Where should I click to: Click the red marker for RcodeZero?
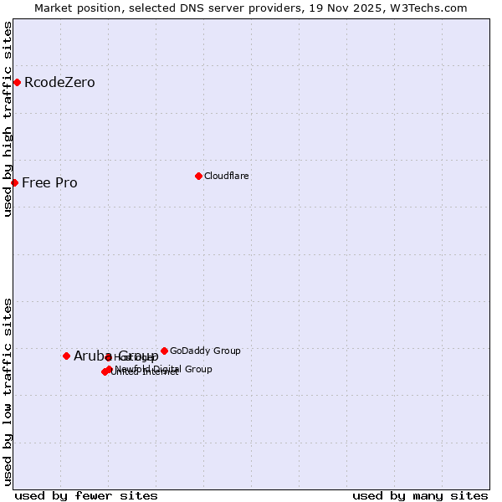[17, 82]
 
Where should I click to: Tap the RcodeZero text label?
[59, 83]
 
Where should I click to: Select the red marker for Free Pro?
[14, 182]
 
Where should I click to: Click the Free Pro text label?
[49, 183]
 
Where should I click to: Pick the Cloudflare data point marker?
[198, 176]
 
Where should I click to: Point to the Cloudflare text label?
[226, 177]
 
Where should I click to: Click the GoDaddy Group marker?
[164, 351]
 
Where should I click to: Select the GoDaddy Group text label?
[205, 351]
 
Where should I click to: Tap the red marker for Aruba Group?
[66, 356]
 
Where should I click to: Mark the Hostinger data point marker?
[108, 357]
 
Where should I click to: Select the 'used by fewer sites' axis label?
[86, 496]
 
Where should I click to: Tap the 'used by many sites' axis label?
[420, 496]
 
